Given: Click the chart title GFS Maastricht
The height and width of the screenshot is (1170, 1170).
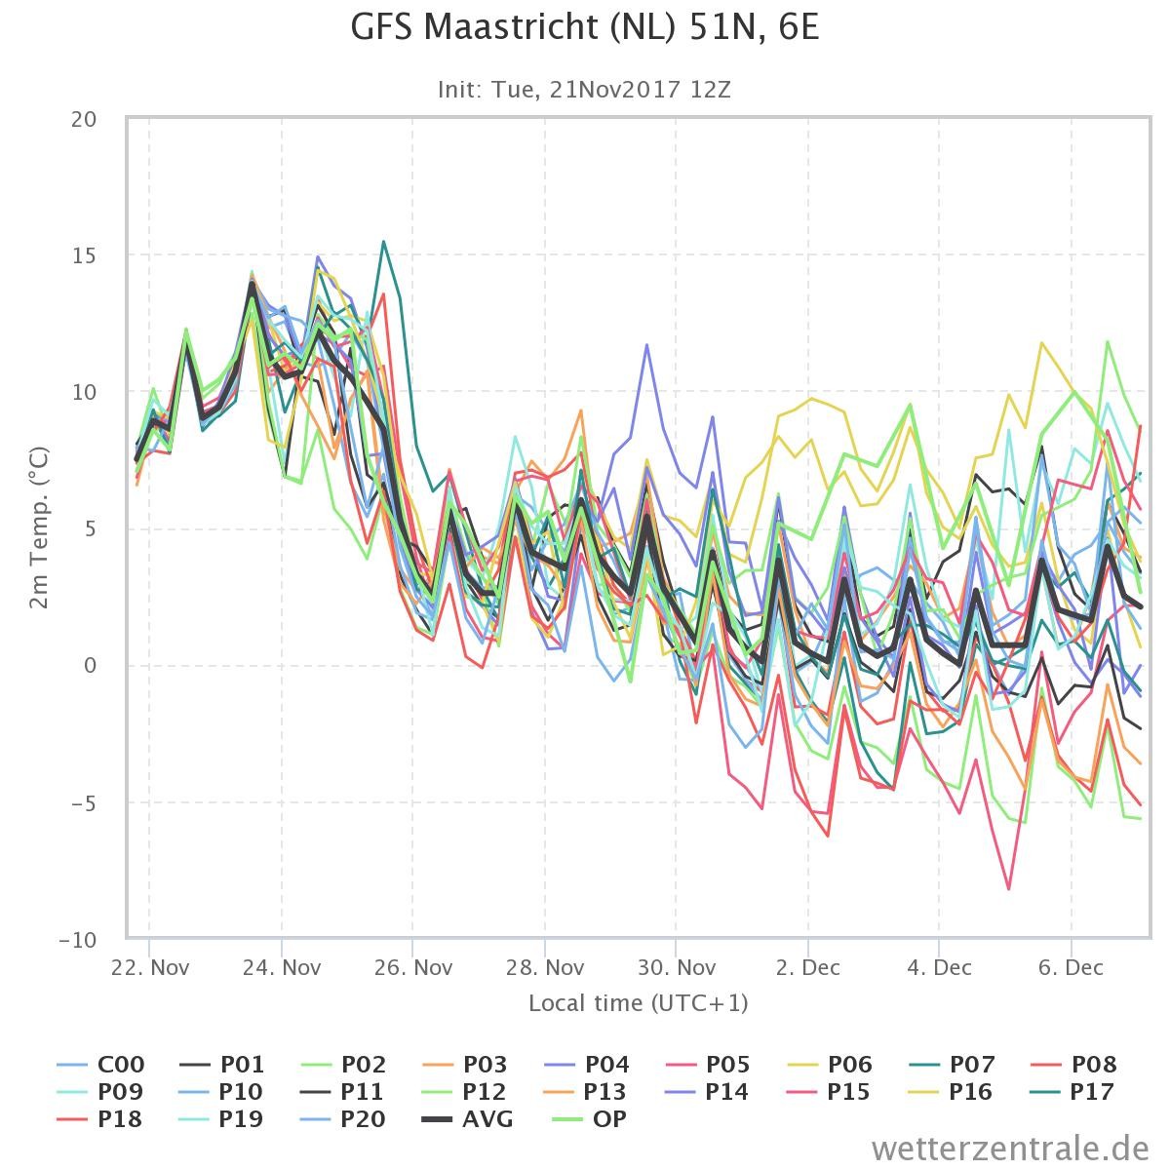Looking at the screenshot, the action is (x=585, y=28).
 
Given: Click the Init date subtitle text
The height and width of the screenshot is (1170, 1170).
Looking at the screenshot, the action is (x=584, y=90).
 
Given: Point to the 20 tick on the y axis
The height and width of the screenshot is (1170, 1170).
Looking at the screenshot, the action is (x=84, y=119).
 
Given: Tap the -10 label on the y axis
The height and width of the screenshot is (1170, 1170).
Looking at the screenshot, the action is (x=78, y=940).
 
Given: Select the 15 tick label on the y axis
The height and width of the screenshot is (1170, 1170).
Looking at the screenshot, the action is (x=84, y=255).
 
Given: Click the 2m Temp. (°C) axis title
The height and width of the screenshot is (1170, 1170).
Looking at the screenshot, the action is (x=39, y=528).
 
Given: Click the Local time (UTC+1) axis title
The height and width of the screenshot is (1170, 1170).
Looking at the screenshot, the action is (x=638, y=1003).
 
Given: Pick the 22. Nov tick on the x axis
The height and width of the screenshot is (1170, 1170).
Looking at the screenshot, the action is (x=150, y=968).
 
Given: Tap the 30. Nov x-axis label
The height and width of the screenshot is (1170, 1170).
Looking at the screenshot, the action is (x=677, y=968).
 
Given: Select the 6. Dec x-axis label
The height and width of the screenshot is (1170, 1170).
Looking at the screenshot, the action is (x=1071, y=968).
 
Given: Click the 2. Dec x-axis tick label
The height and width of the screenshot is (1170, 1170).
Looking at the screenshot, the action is (x=807, y=968).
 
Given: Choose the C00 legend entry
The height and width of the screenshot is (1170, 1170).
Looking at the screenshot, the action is (x=100, y=1065).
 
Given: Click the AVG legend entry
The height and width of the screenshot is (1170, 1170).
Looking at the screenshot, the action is (x=467, y=1118).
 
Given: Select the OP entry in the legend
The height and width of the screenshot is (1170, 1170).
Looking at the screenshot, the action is (x=589, y=1118).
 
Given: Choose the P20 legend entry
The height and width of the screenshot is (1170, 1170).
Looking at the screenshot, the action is (x=343, y=1118).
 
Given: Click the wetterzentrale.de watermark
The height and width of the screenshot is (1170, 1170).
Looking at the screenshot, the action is (x=1010, y=1149).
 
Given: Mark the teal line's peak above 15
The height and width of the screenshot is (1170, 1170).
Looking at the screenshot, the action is (x=383, y=242).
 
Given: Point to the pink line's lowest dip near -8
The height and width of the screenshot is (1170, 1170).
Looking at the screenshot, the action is (x=1008, y=889).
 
